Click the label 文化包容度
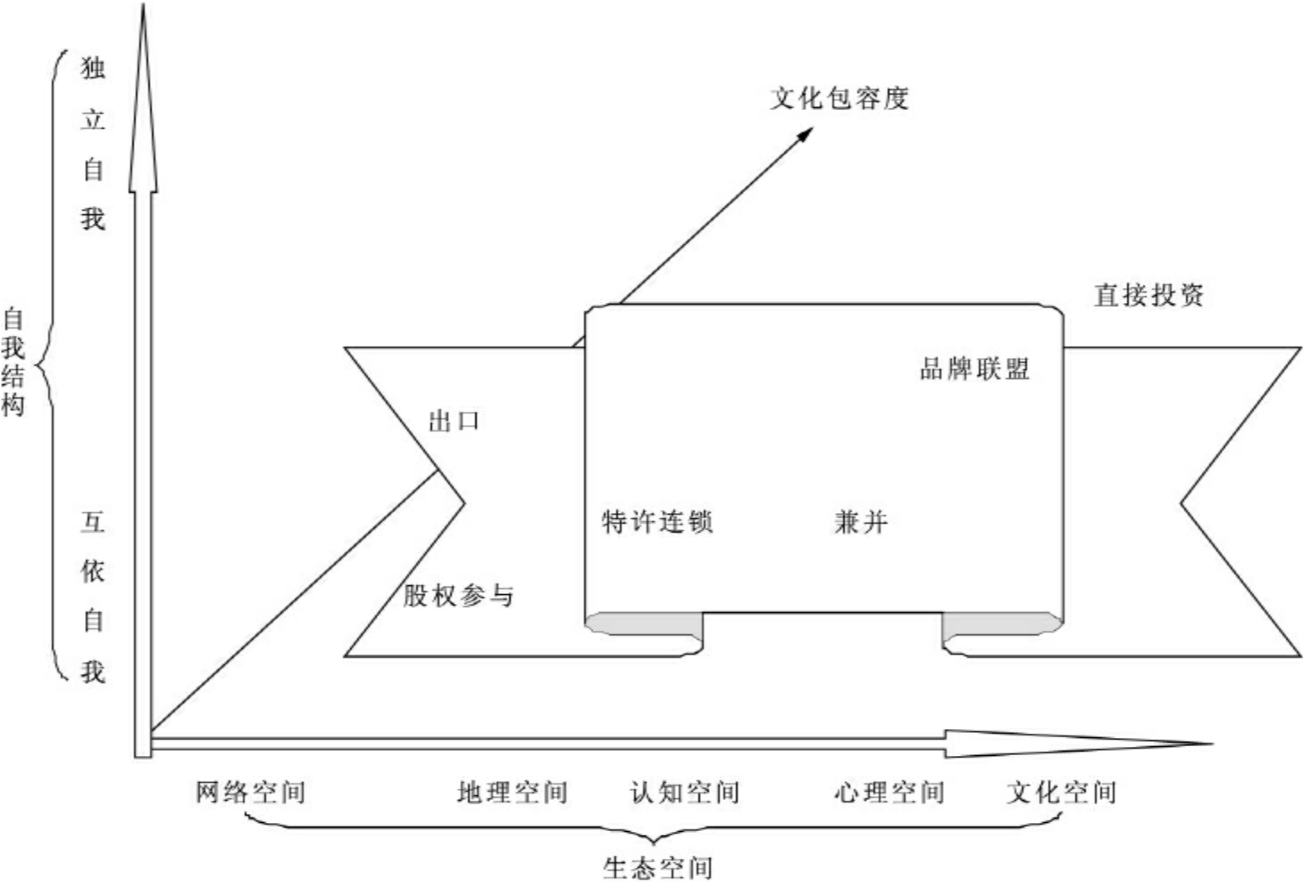(839, 97)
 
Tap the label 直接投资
(1148, 295)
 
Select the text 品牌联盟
(974, 369)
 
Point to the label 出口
(454, 421)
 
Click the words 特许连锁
(657, 522)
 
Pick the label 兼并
(861, 522)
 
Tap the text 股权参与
(458, 595)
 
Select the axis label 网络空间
(250, 792)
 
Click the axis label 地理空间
(512, 792)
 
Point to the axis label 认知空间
(685, 792)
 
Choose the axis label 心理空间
(889, 792)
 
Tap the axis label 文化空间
(1061, 792)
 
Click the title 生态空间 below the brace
(657, 867)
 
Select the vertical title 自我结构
(13, 362)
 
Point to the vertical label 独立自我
(93, 143)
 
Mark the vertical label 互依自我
(93, 596)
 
